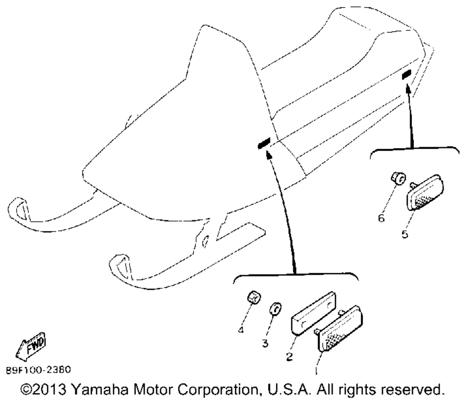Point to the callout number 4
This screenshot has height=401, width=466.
click(x=241, y=330)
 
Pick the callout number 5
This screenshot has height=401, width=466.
click(x=405, y=234)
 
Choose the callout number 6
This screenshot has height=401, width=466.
click(x=381, y=217)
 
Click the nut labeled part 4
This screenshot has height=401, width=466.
click(x=253, y=297)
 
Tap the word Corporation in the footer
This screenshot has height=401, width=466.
click(x=260, y=388)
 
